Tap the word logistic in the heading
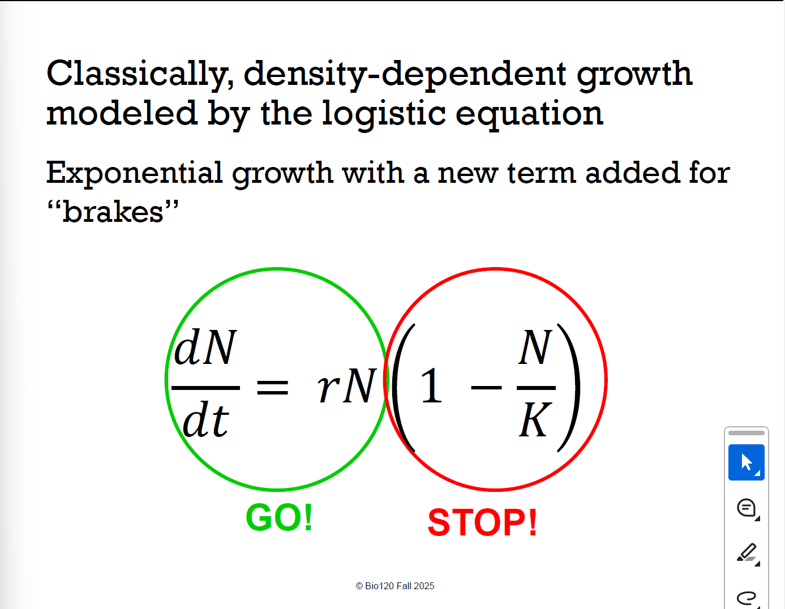point(384,113)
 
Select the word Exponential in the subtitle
point(134,173)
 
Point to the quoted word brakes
point(113,212)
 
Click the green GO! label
point(279,518)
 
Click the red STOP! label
point(482,522)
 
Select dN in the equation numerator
point(205,348)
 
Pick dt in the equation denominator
point(205,421)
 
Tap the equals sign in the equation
point(273,388)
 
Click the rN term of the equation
point(346,387)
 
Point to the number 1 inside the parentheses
point(431,387)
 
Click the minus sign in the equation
point(486,388)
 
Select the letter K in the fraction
point(534,421)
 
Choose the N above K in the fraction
point(535,348)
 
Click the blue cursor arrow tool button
point(746,462)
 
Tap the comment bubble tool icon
point(747,508)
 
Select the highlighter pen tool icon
point(747,552)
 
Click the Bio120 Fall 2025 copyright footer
point(395,586)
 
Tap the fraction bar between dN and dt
point(205,388)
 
